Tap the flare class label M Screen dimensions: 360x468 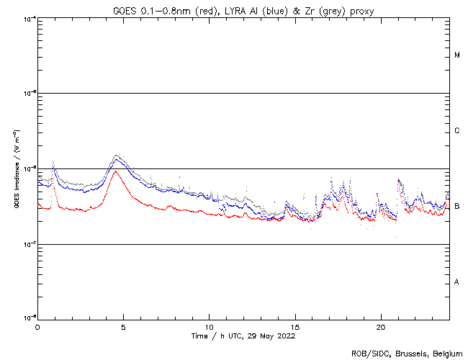457,55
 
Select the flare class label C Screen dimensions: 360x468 457,131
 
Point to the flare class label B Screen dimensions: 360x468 457,207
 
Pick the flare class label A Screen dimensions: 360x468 457,282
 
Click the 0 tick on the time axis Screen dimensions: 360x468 37,327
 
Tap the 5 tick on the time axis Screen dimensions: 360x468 123,327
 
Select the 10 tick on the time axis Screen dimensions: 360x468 210,327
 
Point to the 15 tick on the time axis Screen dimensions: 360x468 295,327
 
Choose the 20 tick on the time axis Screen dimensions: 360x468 381,327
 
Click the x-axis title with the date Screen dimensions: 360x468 243,336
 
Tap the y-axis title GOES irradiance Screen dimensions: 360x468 15,168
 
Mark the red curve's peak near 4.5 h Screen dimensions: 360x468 116,171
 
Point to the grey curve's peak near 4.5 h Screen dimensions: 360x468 118,155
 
